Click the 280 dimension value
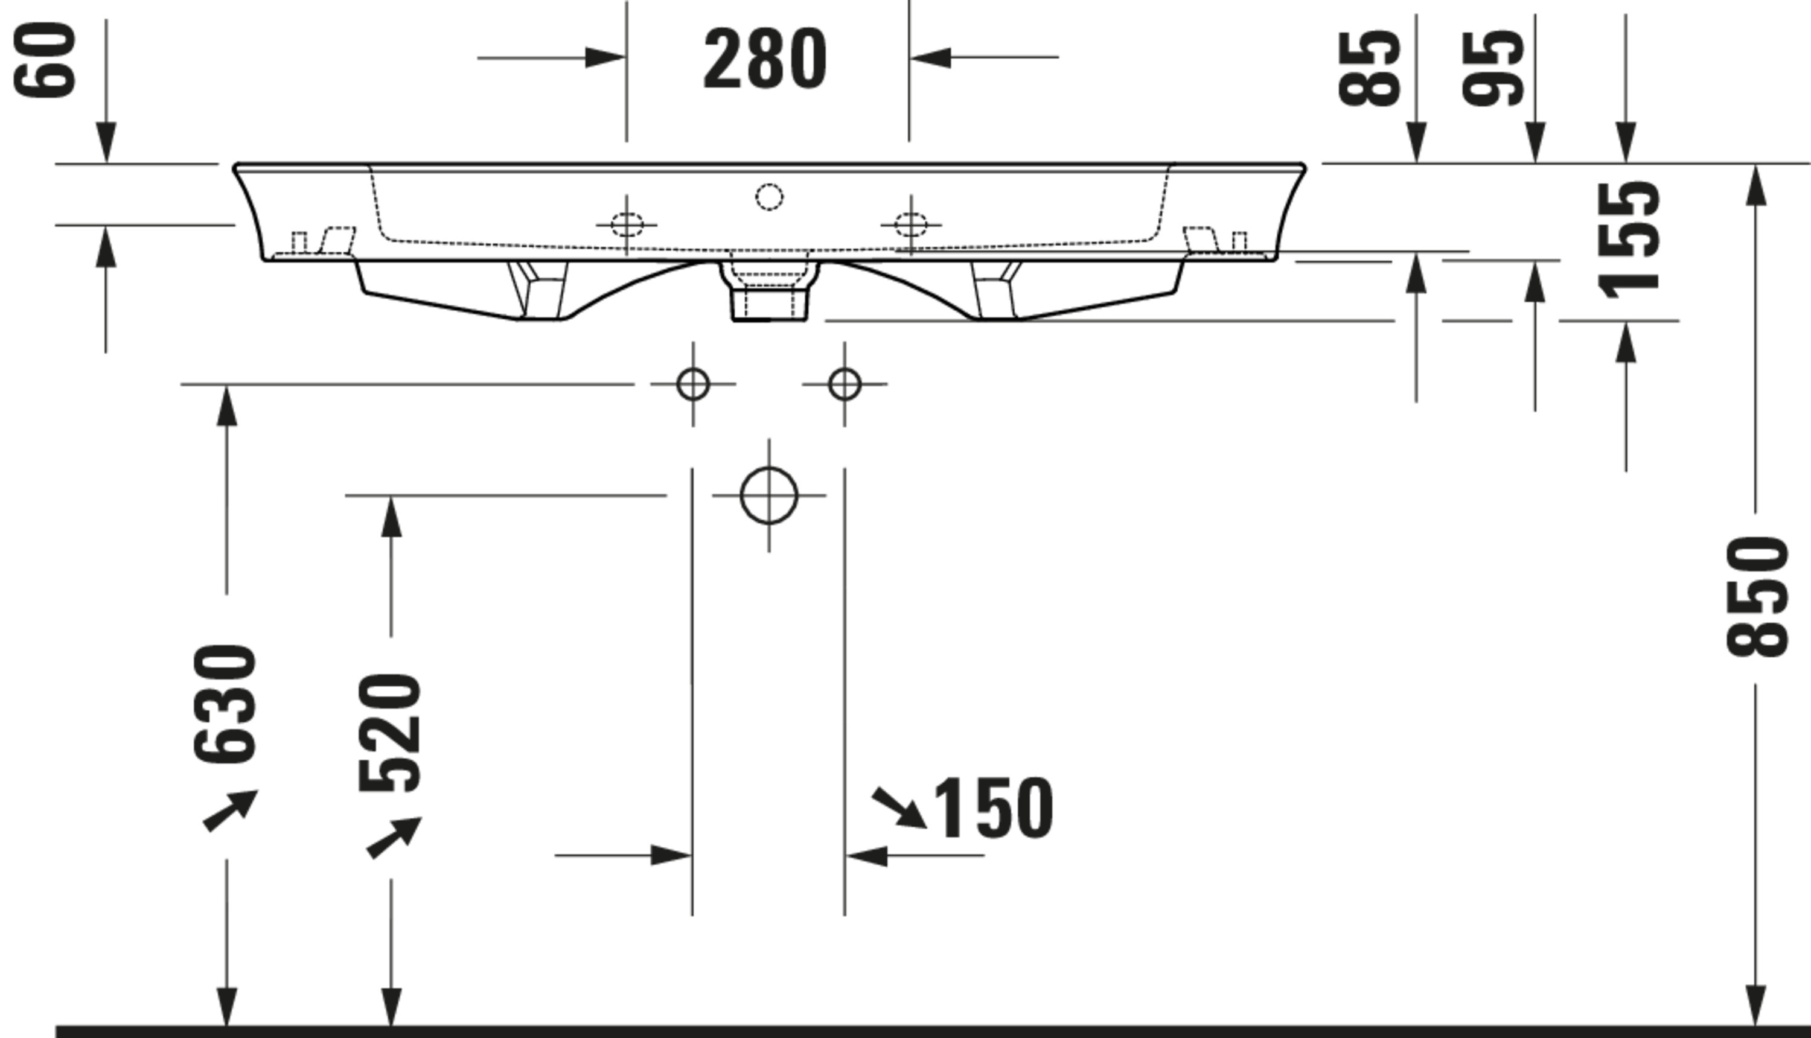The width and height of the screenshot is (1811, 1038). pyautogui.click(x=765, y=59)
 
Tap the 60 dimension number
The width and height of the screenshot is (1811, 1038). pyautogui.click(x=45, y=60)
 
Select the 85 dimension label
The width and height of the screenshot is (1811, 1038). pyautogui.click(x=1369, y=68)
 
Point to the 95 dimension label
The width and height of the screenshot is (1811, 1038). pyautogui.click(x=1493, y=68)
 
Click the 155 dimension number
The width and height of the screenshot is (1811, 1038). pyautogui.click(x=1629, y=240)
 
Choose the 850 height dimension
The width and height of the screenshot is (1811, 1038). pyautogui.click(x=1757, y=596)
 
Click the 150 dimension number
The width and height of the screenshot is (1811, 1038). pyautogui.click(x=992, y=809)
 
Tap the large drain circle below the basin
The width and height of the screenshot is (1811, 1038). pyautogui.click(x=768, y=495)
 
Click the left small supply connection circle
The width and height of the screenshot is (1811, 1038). pyautogui.click(x=693, y=384)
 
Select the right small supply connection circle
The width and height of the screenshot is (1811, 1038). pyautogui.click(x=845, y=384)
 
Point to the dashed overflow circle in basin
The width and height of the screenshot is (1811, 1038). pyautogui.click(x=769, y=197)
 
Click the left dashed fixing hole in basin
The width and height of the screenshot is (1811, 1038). pyautogui.click(x=627, y=224)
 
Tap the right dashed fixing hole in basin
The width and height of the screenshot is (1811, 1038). pyautogui.click(x=911, y=224)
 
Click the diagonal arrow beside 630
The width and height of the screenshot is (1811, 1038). pyautogui.click(x=229, y=810)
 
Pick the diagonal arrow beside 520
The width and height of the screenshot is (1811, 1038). pyautogui.click(x=394, y=837)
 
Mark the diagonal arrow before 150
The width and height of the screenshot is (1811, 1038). pyautogui.click(x=898, y=807)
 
